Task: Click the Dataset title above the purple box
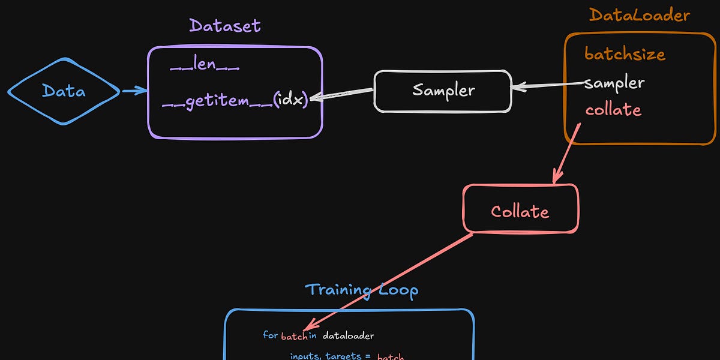coord(225,26)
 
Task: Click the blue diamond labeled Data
coord(64,91)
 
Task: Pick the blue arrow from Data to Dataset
coord(134,91)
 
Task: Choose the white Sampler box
coord(443,91)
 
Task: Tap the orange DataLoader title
coord(639,15)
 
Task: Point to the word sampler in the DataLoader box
coord(614,83)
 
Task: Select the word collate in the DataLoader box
coord(613,110)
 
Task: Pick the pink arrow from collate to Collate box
coord(567,153)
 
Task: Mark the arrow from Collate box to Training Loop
coord(390,282)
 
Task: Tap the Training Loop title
coord(361,290)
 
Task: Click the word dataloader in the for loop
coord(348,335)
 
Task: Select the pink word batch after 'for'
coord(294,335)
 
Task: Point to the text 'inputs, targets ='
coord(326,356)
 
